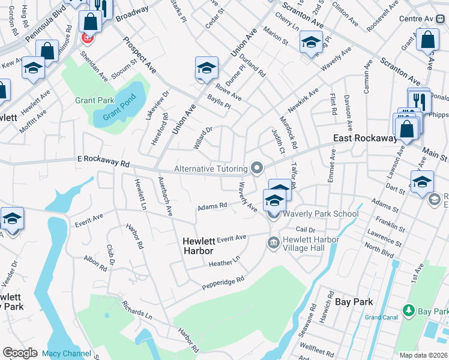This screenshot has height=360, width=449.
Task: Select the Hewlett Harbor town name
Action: [198, 245]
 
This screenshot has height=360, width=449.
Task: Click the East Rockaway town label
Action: [366, 139]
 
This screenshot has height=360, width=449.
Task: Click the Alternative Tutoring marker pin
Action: [258, 168]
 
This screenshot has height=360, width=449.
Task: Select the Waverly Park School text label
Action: [321, 214]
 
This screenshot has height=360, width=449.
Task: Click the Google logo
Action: [20, 353]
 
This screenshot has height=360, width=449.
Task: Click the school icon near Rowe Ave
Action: [206, 68]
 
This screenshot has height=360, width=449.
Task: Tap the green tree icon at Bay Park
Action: [409, 311]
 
